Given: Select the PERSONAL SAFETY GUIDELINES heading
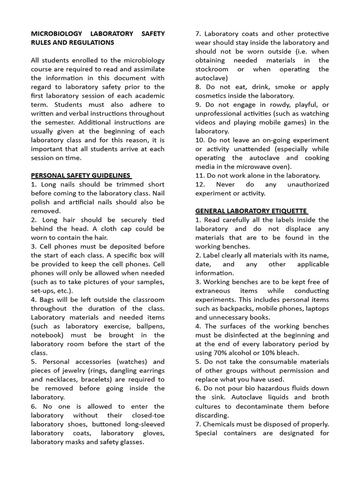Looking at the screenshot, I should pyautogui.click(x=81, y=176).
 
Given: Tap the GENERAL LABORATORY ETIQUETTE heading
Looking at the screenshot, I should pyautogui.click(x=251, y=211).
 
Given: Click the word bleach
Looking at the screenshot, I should pyautogui.click(x=287, y=353).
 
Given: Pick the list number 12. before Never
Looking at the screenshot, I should pyautogui.click(x=201, y=185).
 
